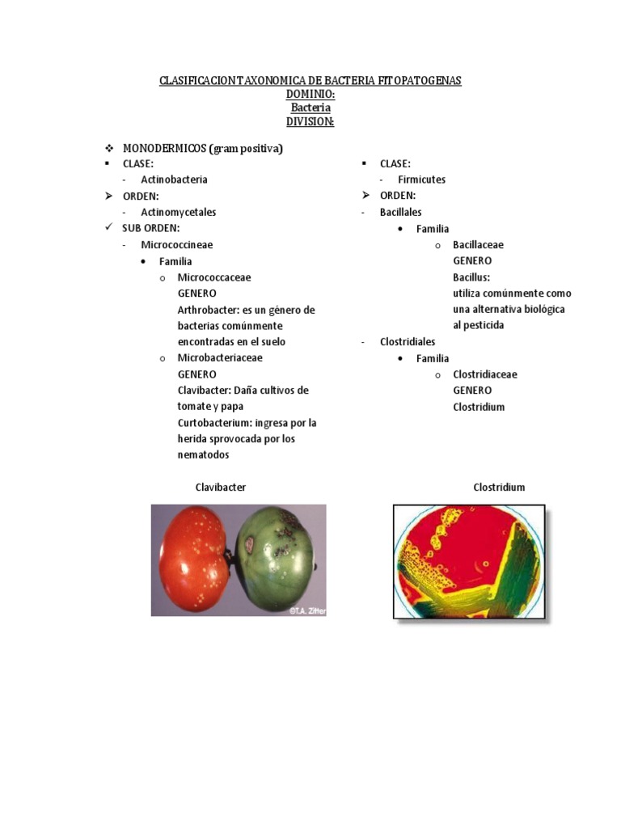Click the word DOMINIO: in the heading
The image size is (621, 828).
pyautogui.click(x=310, y=95)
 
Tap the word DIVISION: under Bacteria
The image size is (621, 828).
pyautogui.click(x=310, y=121)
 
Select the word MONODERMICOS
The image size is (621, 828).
pyautogui.click(x=164, y=149)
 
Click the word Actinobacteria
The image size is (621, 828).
pyautogui.click(x=174, y=180)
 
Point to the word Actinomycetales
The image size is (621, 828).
pyautogui.click(x=179, y=212)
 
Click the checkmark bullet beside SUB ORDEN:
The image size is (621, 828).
pyautogui.click(x=108, y=228)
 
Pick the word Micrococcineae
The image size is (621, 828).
pyautogui.click(x=177, y=244)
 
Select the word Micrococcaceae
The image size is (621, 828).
pyautogui.click(x=214, y=277)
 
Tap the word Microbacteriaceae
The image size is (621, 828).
pyautogui.click(x=220, y=357)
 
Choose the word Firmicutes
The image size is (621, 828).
pyautogui.click(x=421, y=180)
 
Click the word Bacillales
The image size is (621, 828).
pyautogui.click(x=401, y=212)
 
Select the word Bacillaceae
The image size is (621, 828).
pyautogui.click(x=478, y=244)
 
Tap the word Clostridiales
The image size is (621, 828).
pyautogui.click(x=408, y=342)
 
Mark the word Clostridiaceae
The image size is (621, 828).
pyautogui.click(x=485, y=374)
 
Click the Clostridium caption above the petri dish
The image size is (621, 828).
pyautogui.click(x=499, y=488)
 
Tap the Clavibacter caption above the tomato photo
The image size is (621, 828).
pyautogui.click(x=221, y=488)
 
